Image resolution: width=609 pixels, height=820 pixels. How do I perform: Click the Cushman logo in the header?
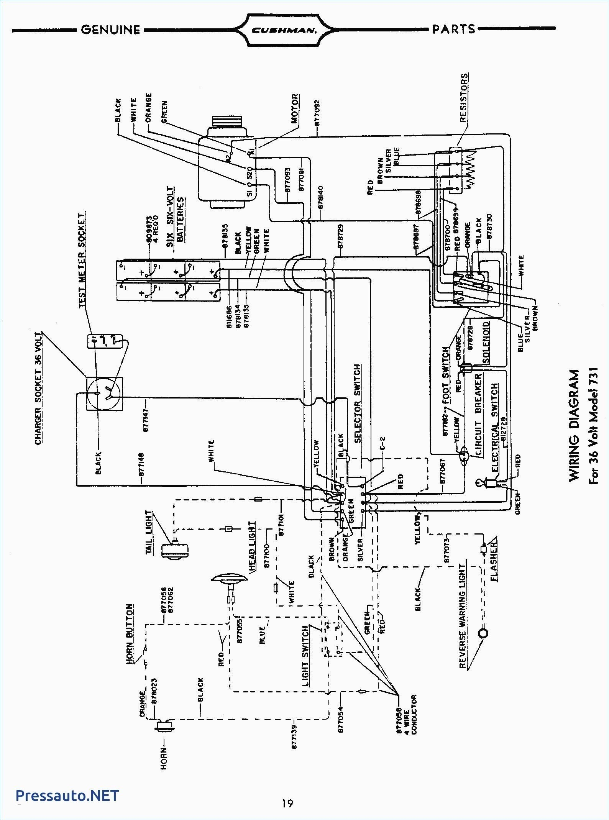[284, 30]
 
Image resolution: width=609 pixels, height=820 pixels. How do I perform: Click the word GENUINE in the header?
[111, 30]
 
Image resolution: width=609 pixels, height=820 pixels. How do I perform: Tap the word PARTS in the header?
[454, 29]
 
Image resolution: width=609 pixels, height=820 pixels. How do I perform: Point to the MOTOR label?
[295, 108]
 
